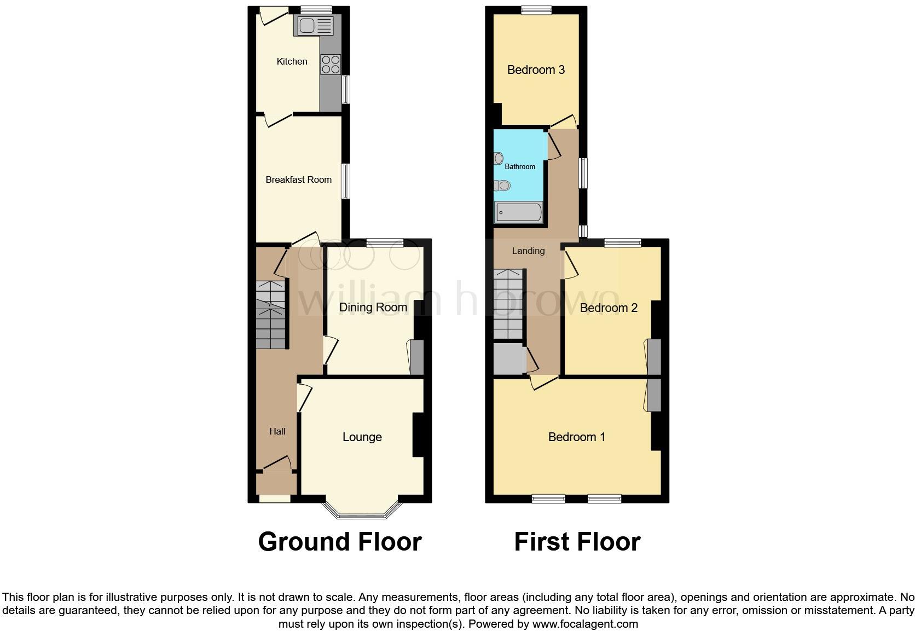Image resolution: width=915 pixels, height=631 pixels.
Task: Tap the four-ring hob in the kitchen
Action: [x=331, y=65]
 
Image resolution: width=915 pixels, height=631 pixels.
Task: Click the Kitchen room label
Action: [x=292, y=61]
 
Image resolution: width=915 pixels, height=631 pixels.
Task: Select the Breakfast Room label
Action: [x=298, y=180]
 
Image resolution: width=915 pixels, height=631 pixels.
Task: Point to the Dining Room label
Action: [x=373, y=308]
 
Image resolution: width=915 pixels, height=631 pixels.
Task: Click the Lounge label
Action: [x=362, y=437]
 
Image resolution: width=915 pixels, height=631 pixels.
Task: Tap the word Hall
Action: [x=277, y=431]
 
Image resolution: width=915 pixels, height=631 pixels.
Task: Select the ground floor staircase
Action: [x=271, y=315]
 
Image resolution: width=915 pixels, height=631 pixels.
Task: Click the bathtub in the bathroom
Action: [x=518, y=212]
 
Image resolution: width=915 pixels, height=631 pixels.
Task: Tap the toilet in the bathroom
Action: [x=503, y=186]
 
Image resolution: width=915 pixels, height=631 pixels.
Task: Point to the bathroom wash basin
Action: [x=499, y=159]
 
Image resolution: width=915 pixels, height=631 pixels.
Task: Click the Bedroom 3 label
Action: [x=536, y=70]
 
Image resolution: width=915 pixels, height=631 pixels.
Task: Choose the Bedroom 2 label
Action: [x=609, y=308]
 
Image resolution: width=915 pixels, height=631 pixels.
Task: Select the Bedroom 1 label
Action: [x=577, y=437]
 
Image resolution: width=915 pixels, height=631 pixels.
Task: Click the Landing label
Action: [x=528, y=251]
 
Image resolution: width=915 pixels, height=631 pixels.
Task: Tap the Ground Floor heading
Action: [x=339, y=542]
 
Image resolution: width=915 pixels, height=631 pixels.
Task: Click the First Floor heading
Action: [x=577, y=542]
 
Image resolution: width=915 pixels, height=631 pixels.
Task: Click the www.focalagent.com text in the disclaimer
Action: [x=584, y=624]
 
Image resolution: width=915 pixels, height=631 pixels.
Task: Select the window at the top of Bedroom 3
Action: [x=536, y=9]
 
